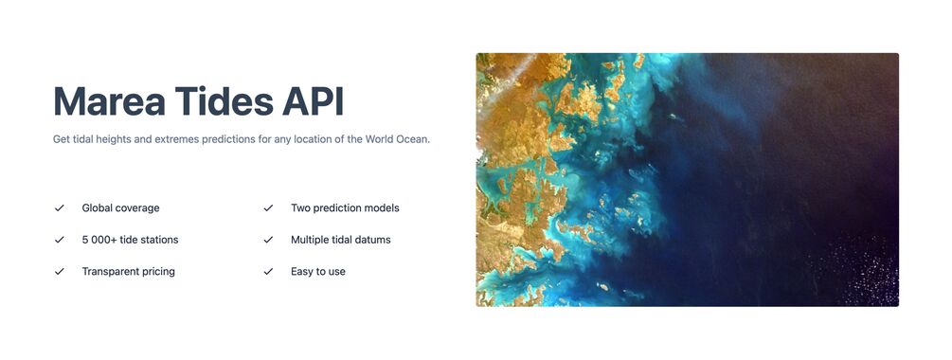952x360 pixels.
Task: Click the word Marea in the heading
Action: point(109,101)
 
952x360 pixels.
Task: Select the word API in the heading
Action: point(314,101)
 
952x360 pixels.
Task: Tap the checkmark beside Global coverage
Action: point(60,207)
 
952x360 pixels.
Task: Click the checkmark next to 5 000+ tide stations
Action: point(60,240)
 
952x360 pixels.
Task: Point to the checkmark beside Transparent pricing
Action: point(60,271)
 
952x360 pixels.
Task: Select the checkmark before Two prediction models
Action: point(268,207)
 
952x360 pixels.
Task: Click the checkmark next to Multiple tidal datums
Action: point(268,240)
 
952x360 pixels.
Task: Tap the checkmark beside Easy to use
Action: point(268,271)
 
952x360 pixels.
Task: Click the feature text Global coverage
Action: point(121,208)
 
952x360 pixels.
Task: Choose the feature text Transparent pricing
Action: point(128,271)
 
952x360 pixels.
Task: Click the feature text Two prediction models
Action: point(345,208)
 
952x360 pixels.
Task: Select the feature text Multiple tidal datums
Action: point(341,240)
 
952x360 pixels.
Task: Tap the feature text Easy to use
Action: point(318,272)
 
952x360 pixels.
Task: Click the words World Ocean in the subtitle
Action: point(397,139)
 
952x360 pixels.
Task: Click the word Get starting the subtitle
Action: point(62,139)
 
